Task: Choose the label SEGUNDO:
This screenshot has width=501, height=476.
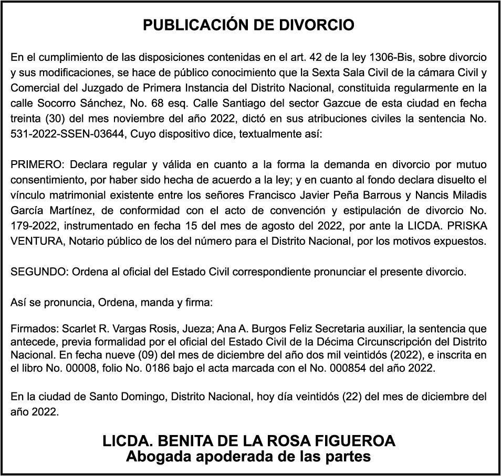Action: (39, 272)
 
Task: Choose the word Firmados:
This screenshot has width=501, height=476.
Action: (34, 330)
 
